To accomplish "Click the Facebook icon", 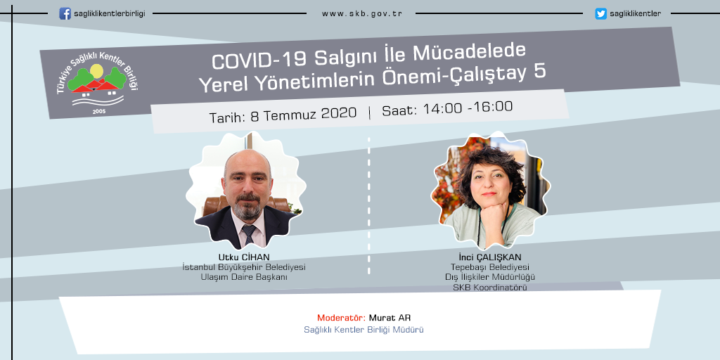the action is tap(65, 13).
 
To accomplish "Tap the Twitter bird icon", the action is tap(600, 14).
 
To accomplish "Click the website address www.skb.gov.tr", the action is tap(362, 14).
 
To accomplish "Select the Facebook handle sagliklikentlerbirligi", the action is tap(109, 14).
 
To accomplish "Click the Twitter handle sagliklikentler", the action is tap(636, 14).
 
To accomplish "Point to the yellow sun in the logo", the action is tap(96, 71).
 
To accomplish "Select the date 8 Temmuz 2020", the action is tap(304, 113).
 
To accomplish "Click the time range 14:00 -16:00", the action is tap(468, 108).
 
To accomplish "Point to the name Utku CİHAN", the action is tap(244, 257).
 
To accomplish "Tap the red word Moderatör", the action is tap(341, 318).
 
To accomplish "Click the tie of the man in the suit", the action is tap(248, 234).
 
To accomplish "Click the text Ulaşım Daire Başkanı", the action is tap(244, 277).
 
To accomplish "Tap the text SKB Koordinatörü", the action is tap(490, 288).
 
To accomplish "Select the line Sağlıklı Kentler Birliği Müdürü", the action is tap(364, 330).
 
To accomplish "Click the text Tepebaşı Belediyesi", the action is tap(490, 267).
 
